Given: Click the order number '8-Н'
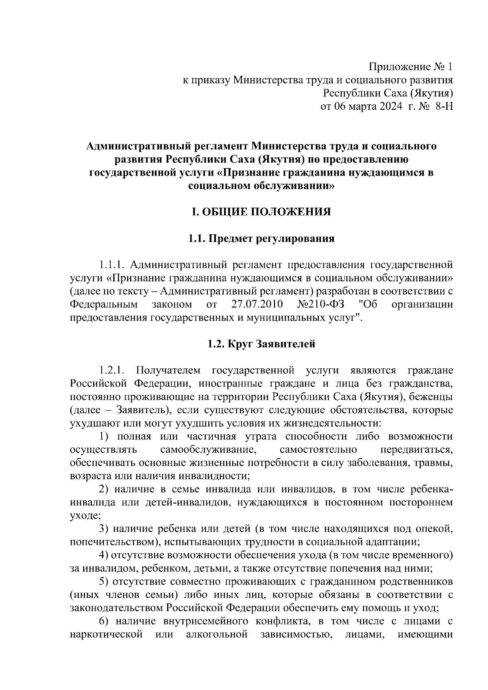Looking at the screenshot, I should pos(443,107).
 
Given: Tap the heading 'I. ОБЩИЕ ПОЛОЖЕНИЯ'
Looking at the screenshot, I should pos(261,212).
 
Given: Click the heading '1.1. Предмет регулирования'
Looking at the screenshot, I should pos(261,238).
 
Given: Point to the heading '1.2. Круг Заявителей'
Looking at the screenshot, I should pos(261,344).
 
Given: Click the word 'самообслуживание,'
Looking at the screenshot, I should pos(209,450).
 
